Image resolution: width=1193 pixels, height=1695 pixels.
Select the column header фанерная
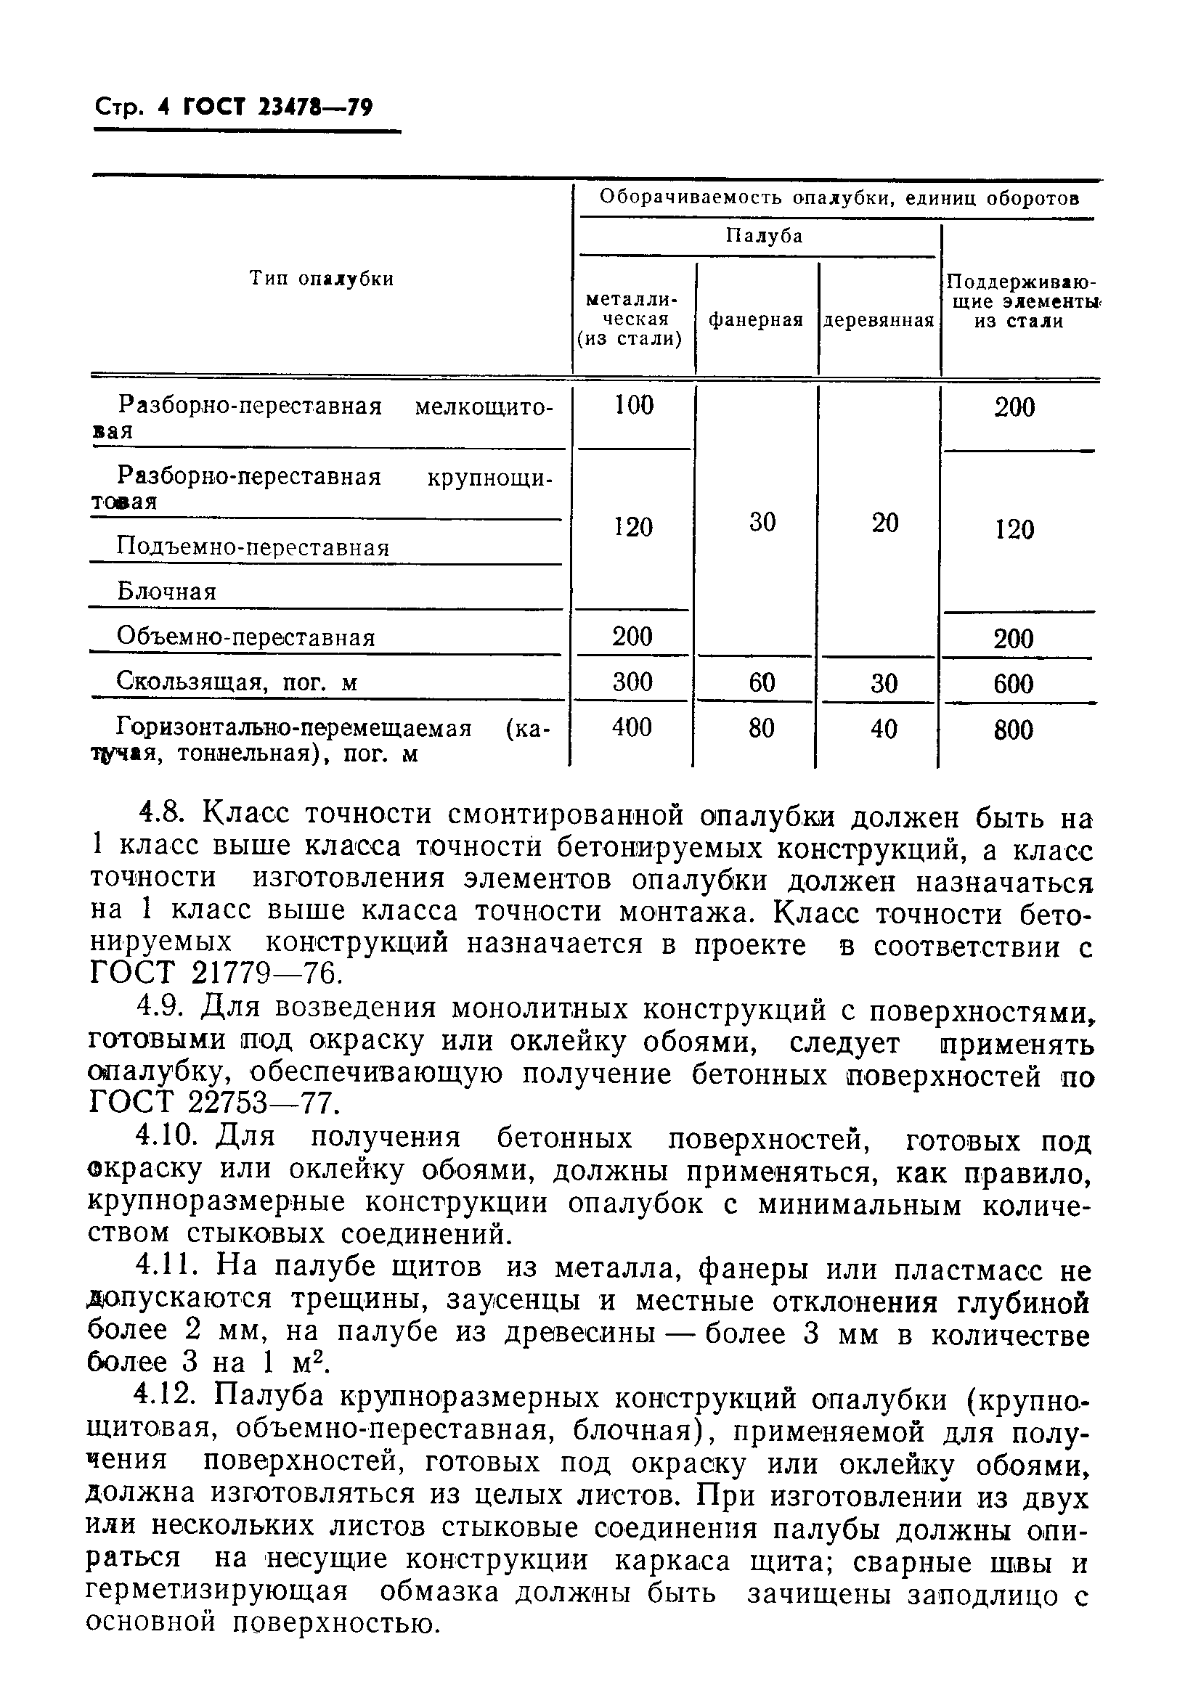(x=755, y=319)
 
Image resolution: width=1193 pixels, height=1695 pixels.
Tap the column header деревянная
(x=879, y=320)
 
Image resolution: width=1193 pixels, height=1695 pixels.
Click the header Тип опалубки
(x=321, y=278)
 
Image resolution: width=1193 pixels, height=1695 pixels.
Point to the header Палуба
(x=763, y=236)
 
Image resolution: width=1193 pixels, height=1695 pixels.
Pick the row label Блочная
(x=166, y=592)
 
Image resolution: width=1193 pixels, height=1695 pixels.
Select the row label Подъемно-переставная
(x=253, y=547)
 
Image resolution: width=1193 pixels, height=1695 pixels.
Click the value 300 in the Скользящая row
(x=632, y=682)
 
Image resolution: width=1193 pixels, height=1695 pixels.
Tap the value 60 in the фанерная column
(x=762, y=682)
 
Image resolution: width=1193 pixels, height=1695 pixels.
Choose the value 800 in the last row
(x=1014, y=730)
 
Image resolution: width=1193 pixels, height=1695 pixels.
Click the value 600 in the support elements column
(x=1014, y=684)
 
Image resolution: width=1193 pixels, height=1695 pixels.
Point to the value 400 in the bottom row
(x=632, y=728)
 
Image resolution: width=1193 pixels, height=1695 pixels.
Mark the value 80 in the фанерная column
(x=761, y=729)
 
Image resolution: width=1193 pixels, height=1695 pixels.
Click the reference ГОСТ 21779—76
(x=216, y=974)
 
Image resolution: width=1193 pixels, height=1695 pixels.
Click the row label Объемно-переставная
(x=246, y=637)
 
